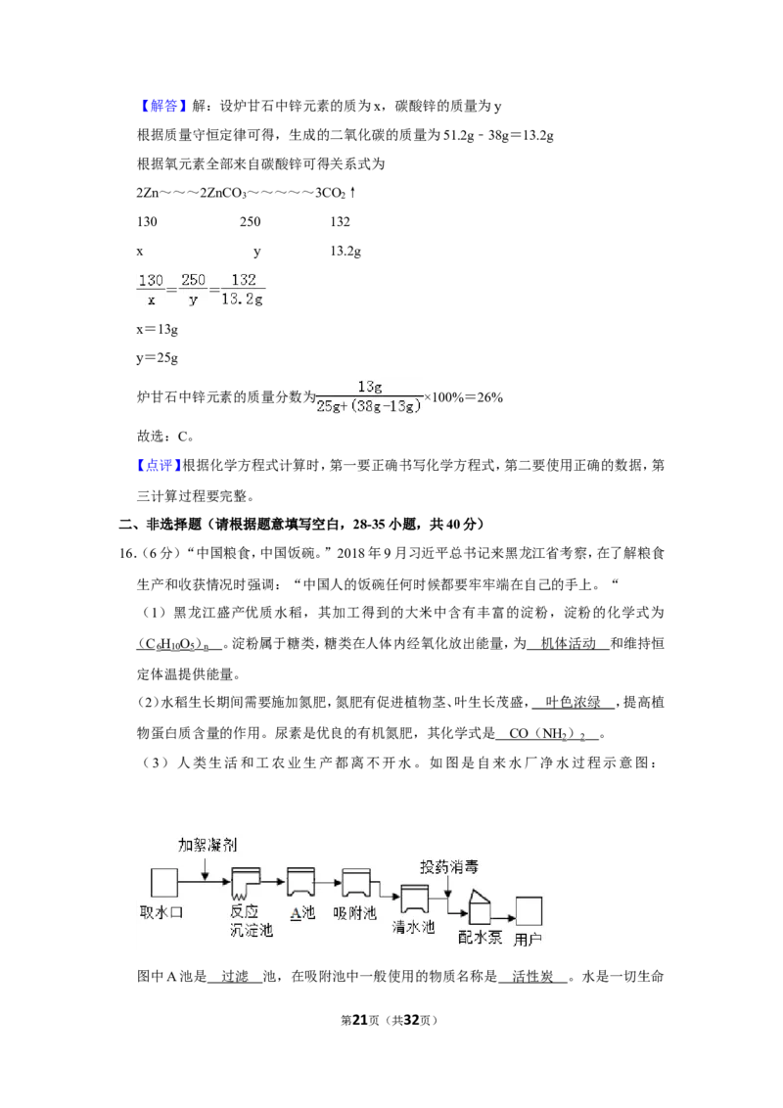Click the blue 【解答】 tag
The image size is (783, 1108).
tap(161, 106)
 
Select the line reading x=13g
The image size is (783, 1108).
tap(157, 329)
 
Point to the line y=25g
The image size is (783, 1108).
tap(157, 358)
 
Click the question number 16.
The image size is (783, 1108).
tap(127, 553)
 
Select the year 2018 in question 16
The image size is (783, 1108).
tap(351, 553)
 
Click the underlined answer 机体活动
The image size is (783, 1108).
tap(569, 643)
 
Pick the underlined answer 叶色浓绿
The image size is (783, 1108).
tap(574, 702)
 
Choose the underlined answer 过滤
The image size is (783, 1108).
tap(235, 977)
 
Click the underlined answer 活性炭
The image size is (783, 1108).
tap(532, 977)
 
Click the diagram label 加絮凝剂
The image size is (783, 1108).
tap(207, 845)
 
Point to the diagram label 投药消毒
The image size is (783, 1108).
tap(448, 867)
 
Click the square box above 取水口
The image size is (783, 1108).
tap(164, 883)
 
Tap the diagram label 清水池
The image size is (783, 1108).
tap(413, 926)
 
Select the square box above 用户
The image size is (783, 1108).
tap(529, 911)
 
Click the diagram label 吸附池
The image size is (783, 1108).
tap(354, 913)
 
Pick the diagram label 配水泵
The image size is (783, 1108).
tap(480, 938)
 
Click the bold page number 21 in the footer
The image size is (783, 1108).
tap(360, 1020)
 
